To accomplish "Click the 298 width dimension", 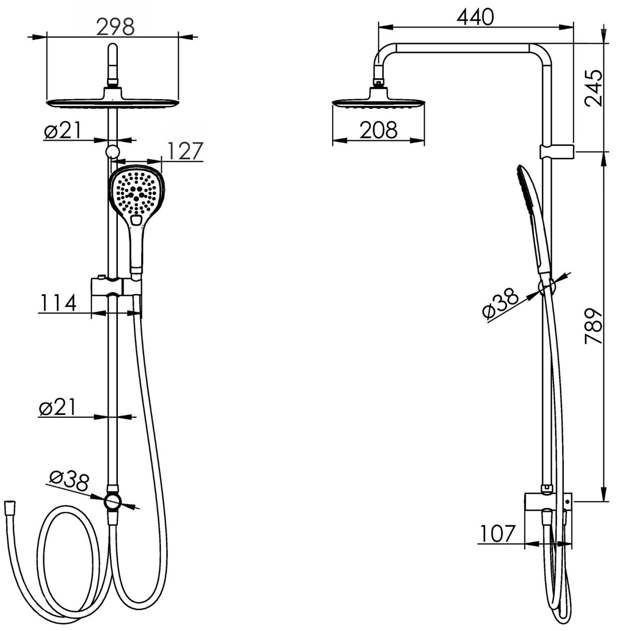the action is click(116, 27).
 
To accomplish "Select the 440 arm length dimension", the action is click(475, 17).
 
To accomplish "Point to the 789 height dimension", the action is click(593, 326).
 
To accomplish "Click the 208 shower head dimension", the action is click(379, 130).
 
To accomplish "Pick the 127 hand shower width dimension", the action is click(185, 151).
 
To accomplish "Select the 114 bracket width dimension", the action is click(58, 303).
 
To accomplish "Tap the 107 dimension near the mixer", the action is click(498, 534).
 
